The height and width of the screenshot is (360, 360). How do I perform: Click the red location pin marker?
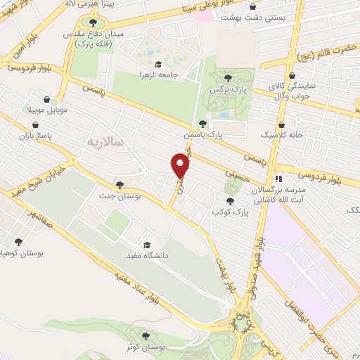[181, 166]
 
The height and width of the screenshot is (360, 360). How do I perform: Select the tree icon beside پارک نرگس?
[227, 78]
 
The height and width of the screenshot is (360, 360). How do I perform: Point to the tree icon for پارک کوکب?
[221, 200]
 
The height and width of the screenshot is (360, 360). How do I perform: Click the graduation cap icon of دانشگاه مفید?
[147, 245]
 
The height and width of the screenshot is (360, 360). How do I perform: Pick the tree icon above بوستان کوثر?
[146, 336]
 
